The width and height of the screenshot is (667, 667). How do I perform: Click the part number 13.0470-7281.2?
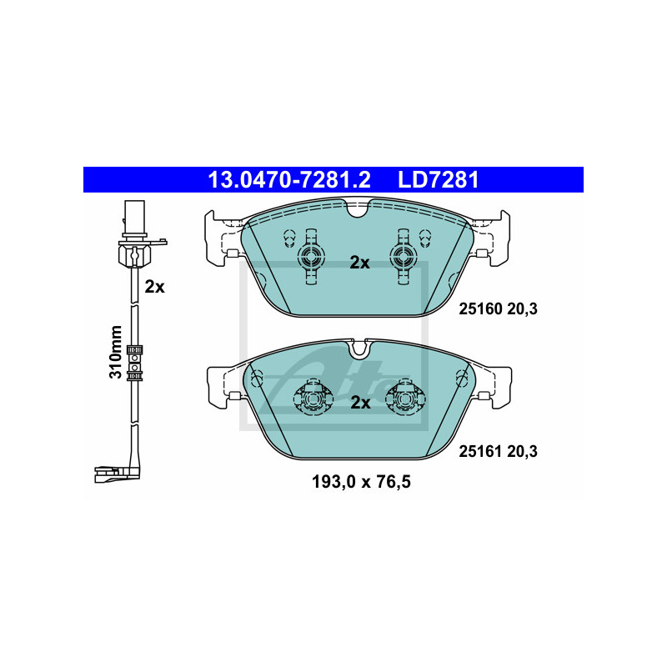288,180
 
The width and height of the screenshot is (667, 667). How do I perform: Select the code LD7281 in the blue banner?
439,180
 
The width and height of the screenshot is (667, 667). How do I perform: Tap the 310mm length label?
116,352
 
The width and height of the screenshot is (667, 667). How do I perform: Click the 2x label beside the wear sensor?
154,287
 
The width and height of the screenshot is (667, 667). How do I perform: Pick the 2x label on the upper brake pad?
359,263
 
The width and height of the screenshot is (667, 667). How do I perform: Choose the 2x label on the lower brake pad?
360,403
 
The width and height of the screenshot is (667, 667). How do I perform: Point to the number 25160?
481,308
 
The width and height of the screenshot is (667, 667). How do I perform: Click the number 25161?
481,451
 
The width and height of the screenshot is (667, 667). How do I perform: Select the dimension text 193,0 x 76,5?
361,482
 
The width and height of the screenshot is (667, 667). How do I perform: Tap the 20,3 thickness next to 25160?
523,308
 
